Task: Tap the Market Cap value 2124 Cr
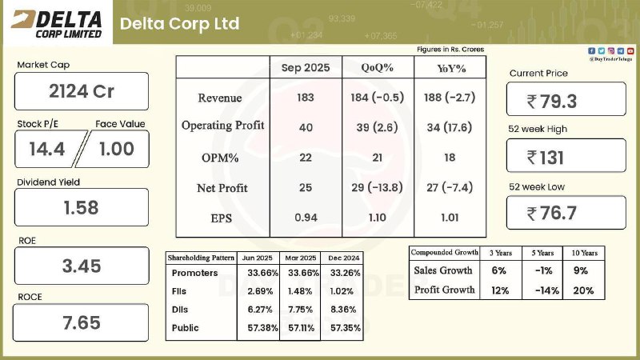81,91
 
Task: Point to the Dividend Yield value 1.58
81,207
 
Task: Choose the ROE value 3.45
81,266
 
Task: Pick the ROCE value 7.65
81,322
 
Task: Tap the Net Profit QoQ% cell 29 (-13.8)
377,188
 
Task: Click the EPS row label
222,217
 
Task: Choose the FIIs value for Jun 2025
260,291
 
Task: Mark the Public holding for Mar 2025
299,328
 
